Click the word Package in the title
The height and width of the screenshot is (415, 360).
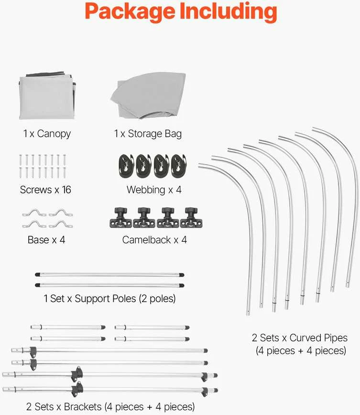(130, 12)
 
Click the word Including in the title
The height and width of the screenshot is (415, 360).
(229, 11)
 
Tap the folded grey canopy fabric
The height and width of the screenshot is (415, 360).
(47, 96)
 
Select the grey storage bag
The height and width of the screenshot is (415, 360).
(148, 96)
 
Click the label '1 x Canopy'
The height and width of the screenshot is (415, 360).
(47, 134)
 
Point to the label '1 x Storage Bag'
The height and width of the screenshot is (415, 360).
(148, 134)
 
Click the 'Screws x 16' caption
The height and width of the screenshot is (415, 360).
(45, 190)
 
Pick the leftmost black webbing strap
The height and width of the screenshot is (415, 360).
(126, 166)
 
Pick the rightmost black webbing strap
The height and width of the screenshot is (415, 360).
(179, 166)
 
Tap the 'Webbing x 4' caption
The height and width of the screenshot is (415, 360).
(154, 190)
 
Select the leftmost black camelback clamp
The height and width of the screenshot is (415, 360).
(121, 218)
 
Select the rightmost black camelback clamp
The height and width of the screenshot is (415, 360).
(191, 218)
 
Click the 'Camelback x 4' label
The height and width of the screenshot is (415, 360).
(154, 240)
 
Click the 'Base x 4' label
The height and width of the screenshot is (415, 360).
(46, 240)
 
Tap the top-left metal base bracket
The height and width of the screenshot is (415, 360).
(34, 213)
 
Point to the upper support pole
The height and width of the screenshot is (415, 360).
(109, 275)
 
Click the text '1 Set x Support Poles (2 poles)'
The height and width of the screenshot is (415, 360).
(109, 299)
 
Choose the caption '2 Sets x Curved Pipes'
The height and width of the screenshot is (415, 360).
(300, 338)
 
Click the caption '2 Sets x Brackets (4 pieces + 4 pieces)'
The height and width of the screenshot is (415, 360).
(110, 406)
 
